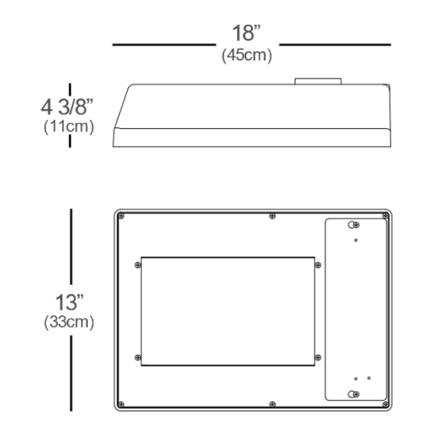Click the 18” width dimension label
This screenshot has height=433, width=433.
click(246, 33)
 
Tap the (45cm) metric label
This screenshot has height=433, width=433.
click(247, 56)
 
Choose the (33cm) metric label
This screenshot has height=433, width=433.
click(69, 322)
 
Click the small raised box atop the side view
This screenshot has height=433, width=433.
click(318, 81)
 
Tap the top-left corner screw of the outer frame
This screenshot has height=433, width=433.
click(121, 216)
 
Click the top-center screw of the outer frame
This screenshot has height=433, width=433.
click(272, 216)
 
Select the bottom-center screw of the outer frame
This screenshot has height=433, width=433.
click(272, 403)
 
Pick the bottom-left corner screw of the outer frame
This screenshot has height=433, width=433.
click(121, 403)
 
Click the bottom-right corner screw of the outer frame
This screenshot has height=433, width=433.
click(385, 403)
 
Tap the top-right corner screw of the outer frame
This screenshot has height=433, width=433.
click(385, 216)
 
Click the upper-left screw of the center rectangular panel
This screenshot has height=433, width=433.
click(137, 265)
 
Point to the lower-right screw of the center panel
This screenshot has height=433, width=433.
click(318, 358)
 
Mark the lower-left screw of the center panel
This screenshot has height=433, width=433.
click(137, 358)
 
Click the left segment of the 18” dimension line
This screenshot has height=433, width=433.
click(164, 45)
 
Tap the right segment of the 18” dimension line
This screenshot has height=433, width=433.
click(335, 45)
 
